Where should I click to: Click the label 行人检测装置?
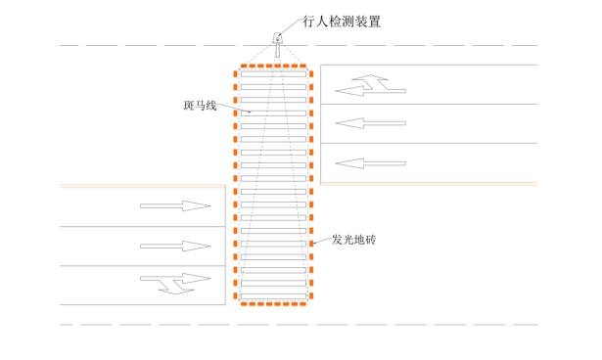(342, 22)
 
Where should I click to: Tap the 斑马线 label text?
(200, 105)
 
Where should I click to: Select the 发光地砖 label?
(353, 240)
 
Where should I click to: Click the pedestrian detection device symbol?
(277, 38)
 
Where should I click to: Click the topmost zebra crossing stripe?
(273, 73)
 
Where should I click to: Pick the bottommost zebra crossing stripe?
(273, 296)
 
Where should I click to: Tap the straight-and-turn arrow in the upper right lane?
(370, 85)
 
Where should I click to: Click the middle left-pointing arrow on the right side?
(370, 123)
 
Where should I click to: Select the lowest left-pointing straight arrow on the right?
(370, 163)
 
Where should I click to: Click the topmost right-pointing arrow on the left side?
(175, 205)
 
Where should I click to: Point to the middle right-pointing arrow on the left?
(175, 246)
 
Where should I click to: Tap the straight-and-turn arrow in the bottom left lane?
(175, 284)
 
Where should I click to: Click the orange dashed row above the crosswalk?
(273, 66)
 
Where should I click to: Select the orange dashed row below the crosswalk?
(273, 304)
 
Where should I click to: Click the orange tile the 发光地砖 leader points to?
(311, 244)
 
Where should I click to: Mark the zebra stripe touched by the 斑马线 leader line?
(273, 113)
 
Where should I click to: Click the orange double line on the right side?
(429, 184)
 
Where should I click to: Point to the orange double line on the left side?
(143, 186)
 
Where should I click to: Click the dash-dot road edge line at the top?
(299, 46)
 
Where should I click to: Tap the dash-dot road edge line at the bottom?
(299, 325)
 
